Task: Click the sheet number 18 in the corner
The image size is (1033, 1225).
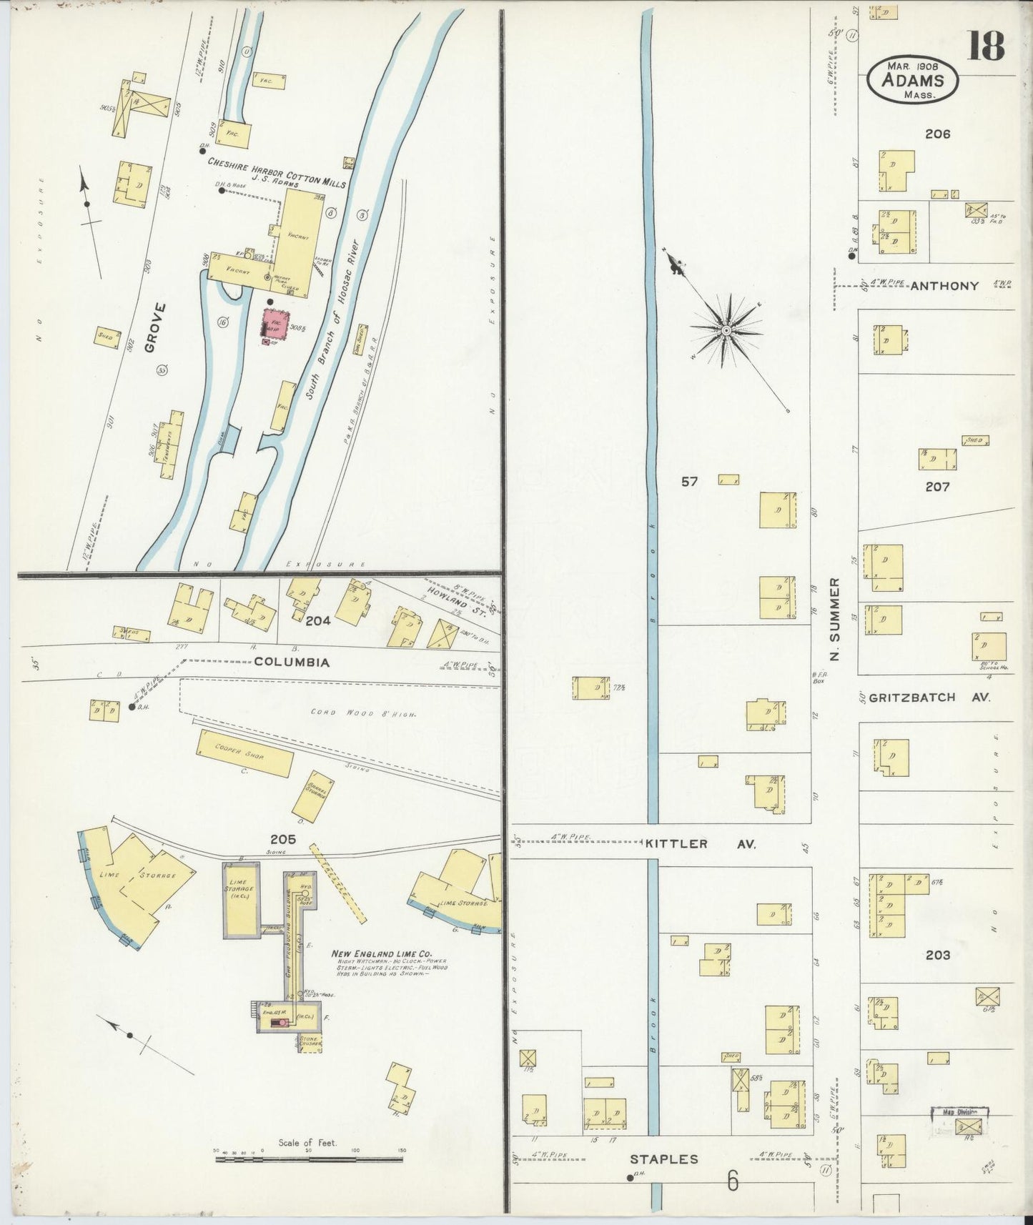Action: (987, 46)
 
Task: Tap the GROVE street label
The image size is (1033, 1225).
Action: (154, 327)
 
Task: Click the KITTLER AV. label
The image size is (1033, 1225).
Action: (700, 844)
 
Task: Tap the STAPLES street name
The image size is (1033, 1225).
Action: (664, 1159)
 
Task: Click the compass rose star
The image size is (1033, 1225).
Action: (726, 330)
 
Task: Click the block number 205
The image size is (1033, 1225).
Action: (283, 839)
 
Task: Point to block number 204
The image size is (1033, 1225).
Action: (317, 620)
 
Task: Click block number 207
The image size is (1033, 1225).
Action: (937, 487)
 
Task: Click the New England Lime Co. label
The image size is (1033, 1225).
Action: (380, 954)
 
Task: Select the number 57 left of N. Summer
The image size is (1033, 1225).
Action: (689, 482)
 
